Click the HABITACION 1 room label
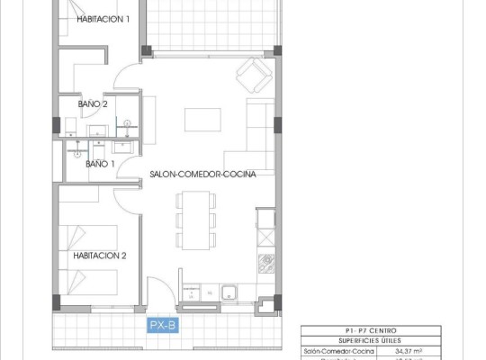click(103, 19)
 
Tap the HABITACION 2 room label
click(100, 256)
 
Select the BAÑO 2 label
click(93, 104)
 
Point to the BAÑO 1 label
click(100, 165)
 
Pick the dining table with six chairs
click(195, 220)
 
